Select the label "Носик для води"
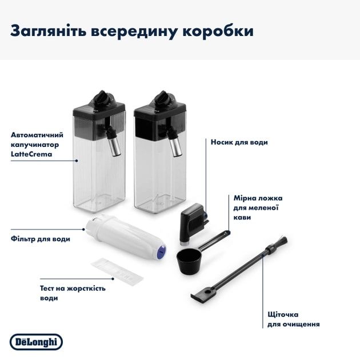coord(239,142)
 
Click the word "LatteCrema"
coord(30,155)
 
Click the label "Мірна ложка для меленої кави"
coord(258,208)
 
